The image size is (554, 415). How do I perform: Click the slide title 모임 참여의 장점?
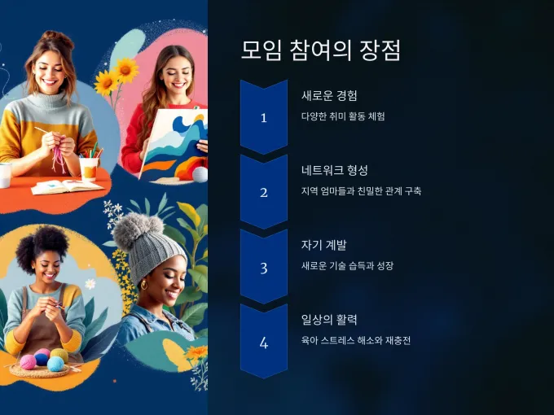pyautogui.click(x=321, y=50)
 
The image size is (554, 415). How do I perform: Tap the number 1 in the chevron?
pyautogui.click(x=264, y=118)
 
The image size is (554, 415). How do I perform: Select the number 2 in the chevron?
pyautogui.click(x=264, y=193)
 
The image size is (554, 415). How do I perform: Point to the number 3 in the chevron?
pyautogui.click(x=264, y=269)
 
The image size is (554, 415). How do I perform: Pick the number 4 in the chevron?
pyautogui.click(x=264, y=343)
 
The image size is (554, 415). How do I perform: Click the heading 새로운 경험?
pyautogui.click(x=329, y=96)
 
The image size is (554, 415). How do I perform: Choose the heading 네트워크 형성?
pyautogui.click(x=335, y=170)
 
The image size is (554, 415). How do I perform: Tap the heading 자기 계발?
pyautogui.click(x=324, y=245)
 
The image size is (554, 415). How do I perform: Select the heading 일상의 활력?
pyautogui.click(x=329, y=320)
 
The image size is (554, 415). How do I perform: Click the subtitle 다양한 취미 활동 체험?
pyautogui.click(x=343, y=116)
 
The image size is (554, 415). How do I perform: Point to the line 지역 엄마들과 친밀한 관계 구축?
pyautogui.click(x=361, y=191)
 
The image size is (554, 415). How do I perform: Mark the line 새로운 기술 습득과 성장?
pyautogui.click(x=347, y=266)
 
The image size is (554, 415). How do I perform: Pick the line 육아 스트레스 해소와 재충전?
pyautogui.click(x=356, y=340)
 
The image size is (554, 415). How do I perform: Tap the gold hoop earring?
pyautogui.click(x=144, y=285)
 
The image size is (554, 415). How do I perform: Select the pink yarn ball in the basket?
pyautogui.click(x=29, y=362)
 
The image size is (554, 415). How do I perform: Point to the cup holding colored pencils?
pyautogui.click(x=89, y=168)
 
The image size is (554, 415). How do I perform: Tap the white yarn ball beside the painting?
pyautogui.click(x=200, y=175)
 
